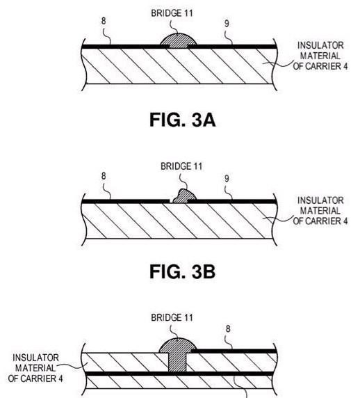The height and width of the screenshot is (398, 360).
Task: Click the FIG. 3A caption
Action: pos(183,120)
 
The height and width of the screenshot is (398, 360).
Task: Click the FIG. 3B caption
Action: pos(183,271)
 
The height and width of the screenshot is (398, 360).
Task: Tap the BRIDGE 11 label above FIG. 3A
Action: pos(172,13)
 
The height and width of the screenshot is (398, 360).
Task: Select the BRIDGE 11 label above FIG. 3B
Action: pos(181,166)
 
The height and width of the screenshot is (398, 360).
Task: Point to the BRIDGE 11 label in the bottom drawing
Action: pos(172,317)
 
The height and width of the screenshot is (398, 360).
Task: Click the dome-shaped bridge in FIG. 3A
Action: pos(178,41)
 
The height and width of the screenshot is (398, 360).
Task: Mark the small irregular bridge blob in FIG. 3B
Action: pos(184,196)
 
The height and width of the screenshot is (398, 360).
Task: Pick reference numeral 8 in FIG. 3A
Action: pos(104,21)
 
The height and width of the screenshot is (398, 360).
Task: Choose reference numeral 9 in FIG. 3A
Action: pos(227,24)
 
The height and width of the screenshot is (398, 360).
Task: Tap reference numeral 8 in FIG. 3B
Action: pos(104,175)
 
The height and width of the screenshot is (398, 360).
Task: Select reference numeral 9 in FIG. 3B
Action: pos(227,179)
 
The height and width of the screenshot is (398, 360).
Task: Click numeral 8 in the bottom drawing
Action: pos(228,328)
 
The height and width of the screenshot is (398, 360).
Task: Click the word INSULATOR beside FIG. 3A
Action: pos(320,46)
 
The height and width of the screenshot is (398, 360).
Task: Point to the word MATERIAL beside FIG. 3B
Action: pos(320,211)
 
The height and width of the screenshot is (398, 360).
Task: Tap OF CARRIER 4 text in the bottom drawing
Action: pos(35,379)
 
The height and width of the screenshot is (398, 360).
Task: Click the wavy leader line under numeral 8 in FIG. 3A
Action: pos(107,36)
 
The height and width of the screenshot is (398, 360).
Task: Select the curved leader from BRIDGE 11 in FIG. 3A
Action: pos(174,27)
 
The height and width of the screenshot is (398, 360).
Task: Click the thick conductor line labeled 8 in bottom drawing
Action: pos(234,351)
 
